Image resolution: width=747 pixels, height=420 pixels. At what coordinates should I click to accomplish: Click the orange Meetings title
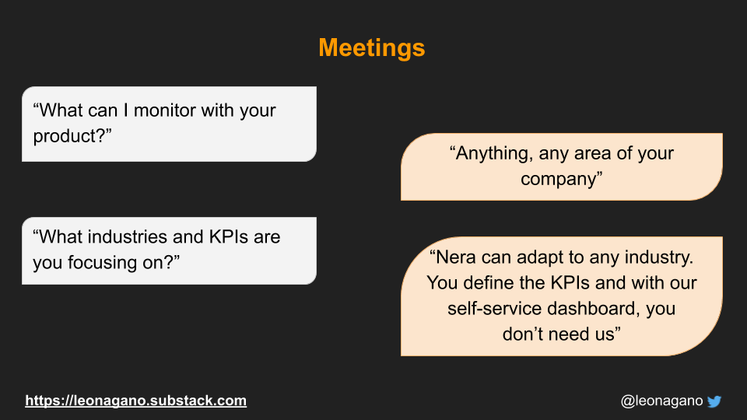[x=372, y=48]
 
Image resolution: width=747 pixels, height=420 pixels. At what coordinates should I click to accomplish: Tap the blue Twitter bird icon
[x=714, y=401]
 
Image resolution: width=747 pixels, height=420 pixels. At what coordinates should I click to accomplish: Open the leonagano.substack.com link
[x=135, y=401]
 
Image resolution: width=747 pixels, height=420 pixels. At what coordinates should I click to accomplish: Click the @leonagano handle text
[x=661, y=401]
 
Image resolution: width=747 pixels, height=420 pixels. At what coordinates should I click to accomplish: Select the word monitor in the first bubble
[x=164, y=110]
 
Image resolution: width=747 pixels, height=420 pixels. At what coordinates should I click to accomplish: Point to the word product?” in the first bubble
[x=72, y=136]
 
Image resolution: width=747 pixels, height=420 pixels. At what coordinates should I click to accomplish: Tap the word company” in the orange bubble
[x=561, y=180]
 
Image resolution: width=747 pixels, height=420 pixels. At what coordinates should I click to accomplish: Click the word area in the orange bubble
[x=593, y=154]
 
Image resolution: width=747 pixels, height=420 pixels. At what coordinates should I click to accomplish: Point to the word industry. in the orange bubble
[x=659, y=257]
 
